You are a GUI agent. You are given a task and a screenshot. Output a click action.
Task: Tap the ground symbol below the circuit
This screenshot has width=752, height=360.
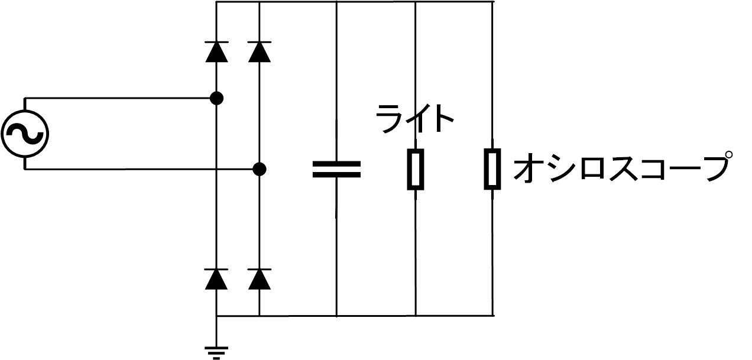click(x=216, y=351)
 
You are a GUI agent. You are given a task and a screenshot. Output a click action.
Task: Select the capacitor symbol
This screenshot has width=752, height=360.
click(x=336, y=169)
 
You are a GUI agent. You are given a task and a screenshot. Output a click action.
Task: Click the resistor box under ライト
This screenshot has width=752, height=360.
click(x=416, y=169)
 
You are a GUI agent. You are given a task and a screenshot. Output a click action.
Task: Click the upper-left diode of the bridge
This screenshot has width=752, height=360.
click(x=216, y=52)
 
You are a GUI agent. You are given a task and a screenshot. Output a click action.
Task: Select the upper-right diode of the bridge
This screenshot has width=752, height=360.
click(x=260, y=52)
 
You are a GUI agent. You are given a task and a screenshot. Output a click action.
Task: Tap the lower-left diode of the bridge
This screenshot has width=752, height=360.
click(x=216, y=278)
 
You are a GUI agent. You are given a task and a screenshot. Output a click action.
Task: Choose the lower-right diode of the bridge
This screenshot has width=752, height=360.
click(x=260, y=278)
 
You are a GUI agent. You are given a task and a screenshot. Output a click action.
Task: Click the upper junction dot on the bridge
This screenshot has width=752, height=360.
click(x=216, y=98)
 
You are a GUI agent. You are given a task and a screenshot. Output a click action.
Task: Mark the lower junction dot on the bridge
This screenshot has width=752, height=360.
click(x=259, y=169)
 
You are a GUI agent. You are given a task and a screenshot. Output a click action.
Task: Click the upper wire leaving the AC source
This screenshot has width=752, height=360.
click(x=118, y=98)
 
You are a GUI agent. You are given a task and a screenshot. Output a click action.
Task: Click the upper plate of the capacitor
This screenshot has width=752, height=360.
click(x=336, y=163)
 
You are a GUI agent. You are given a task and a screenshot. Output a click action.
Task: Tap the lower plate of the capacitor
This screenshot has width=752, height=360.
click(x=336, y=175)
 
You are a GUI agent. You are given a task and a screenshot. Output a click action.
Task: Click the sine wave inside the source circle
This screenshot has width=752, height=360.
click(x=25, y=134)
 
